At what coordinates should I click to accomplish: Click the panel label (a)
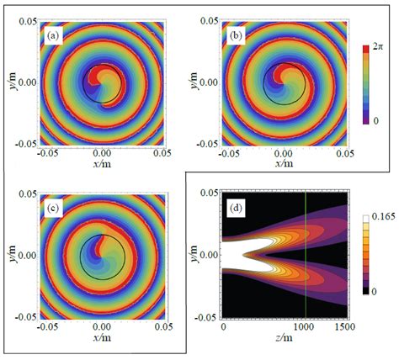53,35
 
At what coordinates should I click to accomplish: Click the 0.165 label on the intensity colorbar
380,219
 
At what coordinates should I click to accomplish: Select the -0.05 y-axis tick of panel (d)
205,316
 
